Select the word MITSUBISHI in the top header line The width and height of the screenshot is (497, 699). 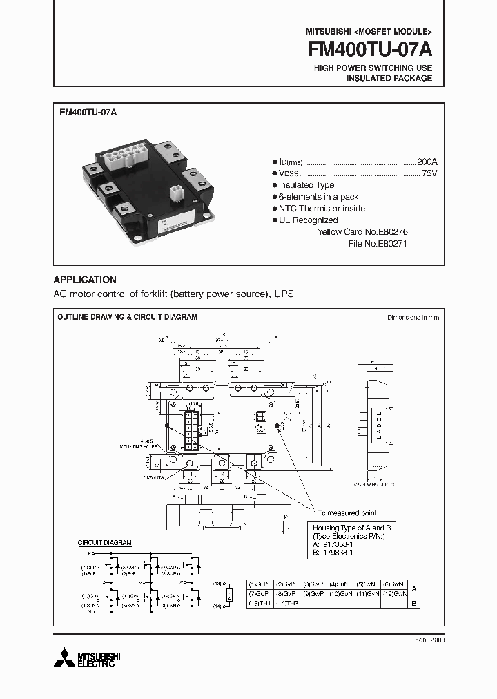327,32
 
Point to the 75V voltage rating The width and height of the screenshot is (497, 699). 429,173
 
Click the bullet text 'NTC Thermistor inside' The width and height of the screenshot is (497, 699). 322,209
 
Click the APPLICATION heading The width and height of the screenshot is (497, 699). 85,280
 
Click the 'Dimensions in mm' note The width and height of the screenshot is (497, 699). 413,317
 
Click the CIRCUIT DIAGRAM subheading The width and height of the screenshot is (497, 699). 104,543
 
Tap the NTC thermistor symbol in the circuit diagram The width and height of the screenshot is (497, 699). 230,595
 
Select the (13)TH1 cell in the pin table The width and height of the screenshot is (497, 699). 260,603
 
